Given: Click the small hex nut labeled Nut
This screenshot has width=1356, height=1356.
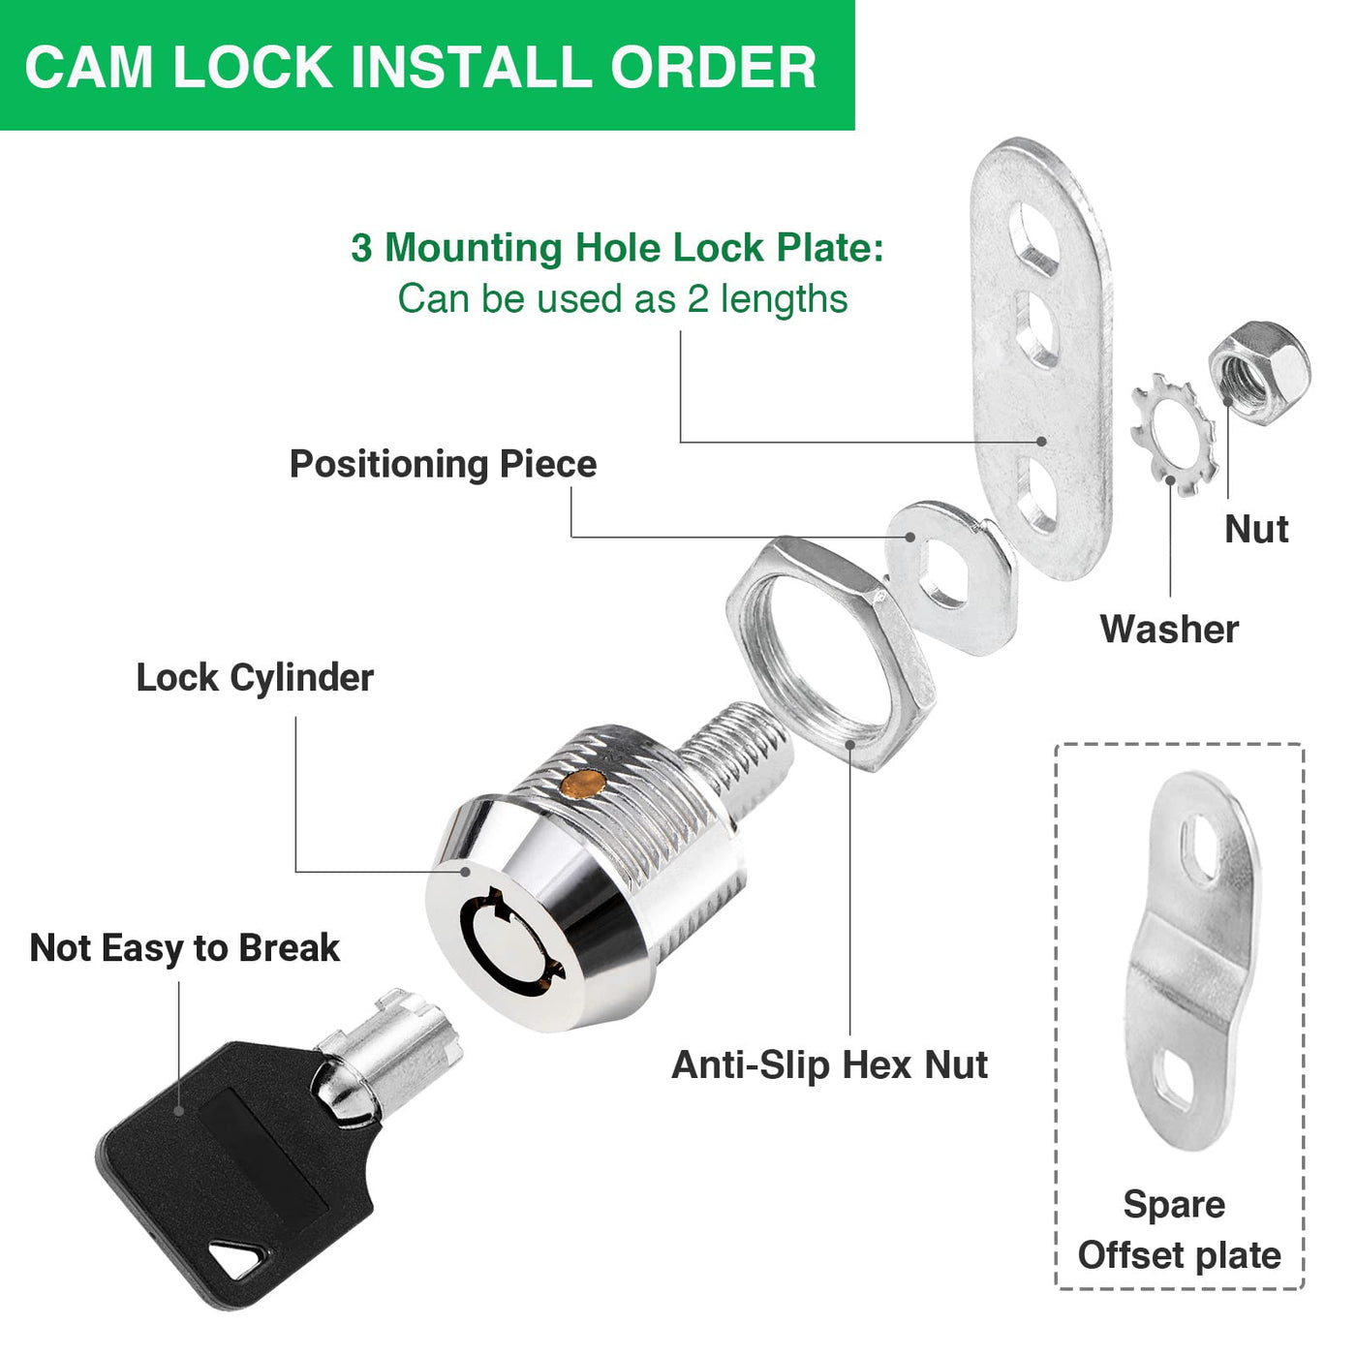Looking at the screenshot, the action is coord(1259,372).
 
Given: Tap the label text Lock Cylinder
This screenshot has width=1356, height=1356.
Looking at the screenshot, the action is coord(255,679).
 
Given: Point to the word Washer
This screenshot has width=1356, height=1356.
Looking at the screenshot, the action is coord(1169,629).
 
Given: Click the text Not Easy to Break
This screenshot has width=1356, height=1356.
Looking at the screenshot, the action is coord(184,948).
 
